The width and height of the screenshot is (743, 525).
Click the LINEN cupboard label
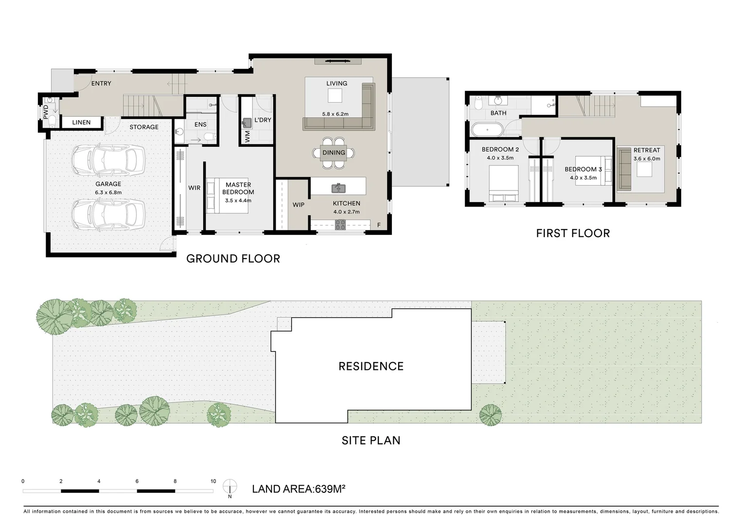pos(81,122)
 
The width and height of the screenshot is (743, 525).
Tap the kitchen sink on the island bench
pos(338,188)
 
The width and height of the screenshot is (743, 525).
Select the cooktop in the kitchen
pos(340,225)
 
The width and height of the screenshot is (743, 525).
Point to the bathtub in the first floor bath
pos(487,130)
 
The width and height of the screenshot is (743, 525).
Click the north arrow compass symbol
pos(230,487)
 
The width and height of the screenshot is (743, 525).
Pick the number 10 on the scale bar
pos(213,481)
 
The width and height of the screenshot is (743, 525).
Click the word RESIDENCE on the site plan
pos(371,366)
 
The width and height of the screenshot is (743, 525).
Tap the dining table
pos(334,153)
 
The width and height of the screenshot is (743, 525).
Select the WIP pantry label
pos(298,205)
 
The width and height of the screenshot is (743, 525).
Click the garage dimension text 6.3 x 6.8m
pos(108,192)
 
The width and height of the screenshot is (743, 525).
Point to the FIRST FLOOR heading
pos(573,233)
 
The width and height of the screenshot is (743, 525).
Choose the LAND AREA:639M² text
pos(299,489)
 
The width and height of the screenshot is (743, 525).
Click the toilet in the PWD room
pos(52,121)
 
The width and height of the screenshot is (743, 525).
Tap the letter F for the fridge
pos(379,225)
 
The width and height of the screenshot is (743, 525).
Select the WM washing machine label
pos(248,137)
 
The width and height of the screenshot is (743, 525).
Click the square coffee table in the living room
pos(335,96)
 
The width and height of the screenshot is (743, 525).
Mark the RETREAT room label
pos(646,150)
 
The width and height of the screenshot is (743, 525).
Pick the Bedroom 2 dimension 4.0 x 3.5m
pos(500,158)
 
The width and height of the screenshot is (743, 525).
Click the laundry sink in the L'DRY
pos(247,123)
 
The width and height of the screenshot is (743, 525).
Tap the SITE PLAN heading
pos(371,440)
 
